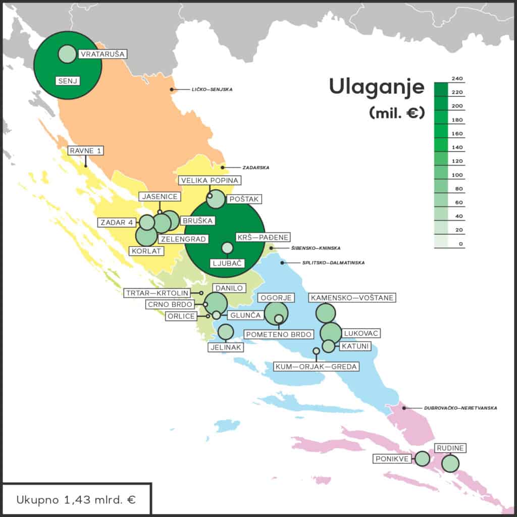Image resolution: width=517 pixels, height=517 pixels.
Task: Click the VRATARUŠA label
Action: tap(102, 54)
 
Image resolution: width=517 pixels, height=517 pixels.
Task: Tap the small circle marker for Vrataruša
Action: tap(67, 54)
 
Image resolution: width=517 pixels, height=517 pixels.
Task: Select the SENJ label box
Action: tap(68, 80)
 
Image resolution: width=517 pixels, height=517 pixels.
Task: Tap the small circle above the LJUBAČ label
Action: tap(227, 247)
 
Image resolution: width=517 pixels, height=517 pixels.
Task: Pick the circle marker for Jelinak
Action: tap(225, 332)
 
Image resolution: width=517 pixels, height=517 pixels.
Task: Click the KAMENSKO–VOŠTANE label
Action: tap(352, 298)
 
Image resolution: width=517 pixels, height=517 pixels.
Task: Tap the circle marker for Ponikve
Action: tap(422, 458)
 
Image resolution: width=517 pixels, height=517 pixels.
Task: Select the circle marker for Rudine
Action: tap(450, 463)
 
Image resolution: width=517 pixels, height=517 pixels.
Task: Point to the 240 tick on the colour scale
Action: tap(458, 79)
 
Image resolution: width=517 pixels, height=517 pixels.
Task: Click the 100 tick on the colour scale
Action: tap(458, 175)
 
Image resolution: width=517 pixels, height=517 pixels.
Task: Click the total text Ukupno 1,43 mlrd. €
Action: tap(76, 500)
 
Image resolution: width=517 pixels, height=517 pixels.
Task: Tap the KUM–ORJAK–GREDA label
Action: tap(316, 367)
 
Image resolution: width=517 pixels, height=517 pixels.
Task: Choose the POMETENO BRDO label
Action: tap(279, 334)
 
